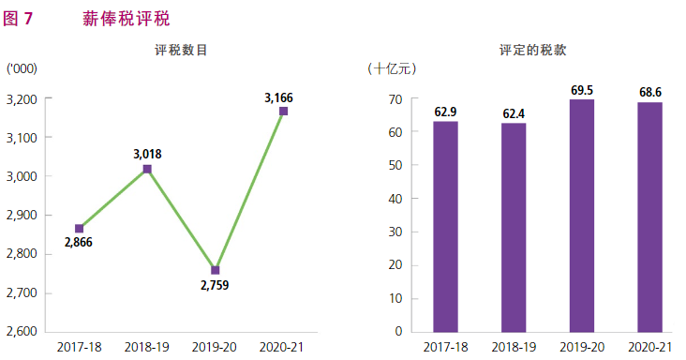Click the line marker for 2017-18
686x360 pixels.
click(80, 229)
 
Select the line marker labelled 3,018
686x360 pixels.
click(147, 169)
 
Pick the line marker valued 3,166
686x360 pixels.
click(283, 112)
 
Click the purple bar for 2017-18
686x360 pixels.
click(445, 226)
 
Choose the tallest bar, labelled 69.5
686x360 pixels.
click(582, 215)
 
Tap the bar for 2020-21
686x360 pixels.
click(650, 217)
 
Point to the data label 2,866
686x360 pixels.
click(79, 244)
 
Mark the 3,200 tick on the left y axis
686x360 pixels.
click(21, 99)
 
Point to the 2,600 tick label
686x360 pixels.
click(21, 332)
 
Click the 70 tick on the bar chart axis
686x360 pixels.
click(395, 99)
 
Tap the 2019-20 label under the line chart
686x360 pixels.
click(216, 347)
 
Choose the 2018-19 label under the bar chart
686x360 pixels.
click(514, 347)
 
